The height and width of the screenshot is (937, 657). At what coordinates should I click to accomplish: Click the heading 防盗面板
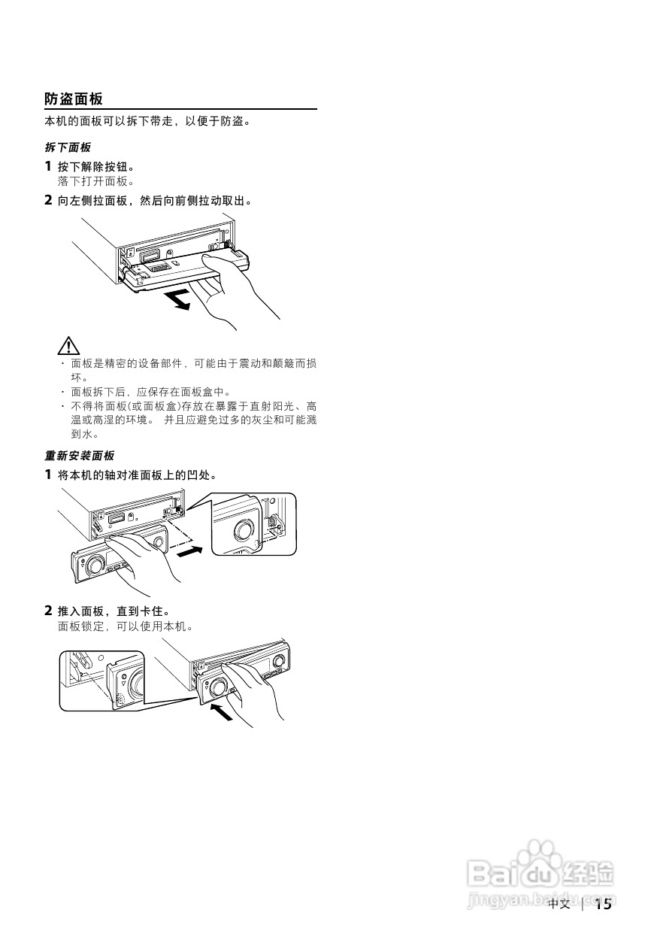[x=74, y=99]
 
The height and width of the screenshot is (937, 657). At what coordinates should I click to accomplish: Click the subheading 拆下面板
[x=68, y=147]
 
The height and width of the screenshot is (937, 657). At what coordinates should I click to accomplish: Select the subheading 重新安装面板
[x=80, y=455]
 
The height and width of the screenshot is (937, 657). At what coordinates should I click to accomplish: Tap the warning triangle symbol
[x=68, y=346]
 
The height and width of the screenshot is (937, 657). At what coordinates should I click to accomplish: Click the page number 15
[x=604, y=904]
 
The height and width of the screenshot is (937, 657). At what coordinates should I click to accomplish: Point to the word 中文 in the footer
[x=559, y=904]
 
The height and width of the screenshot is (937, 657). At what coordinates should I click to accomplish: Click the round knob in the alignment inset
[x=244, y=529]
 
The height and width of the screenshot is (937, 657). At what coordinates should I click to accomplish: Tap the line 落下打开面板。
[x=95, y=181]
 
